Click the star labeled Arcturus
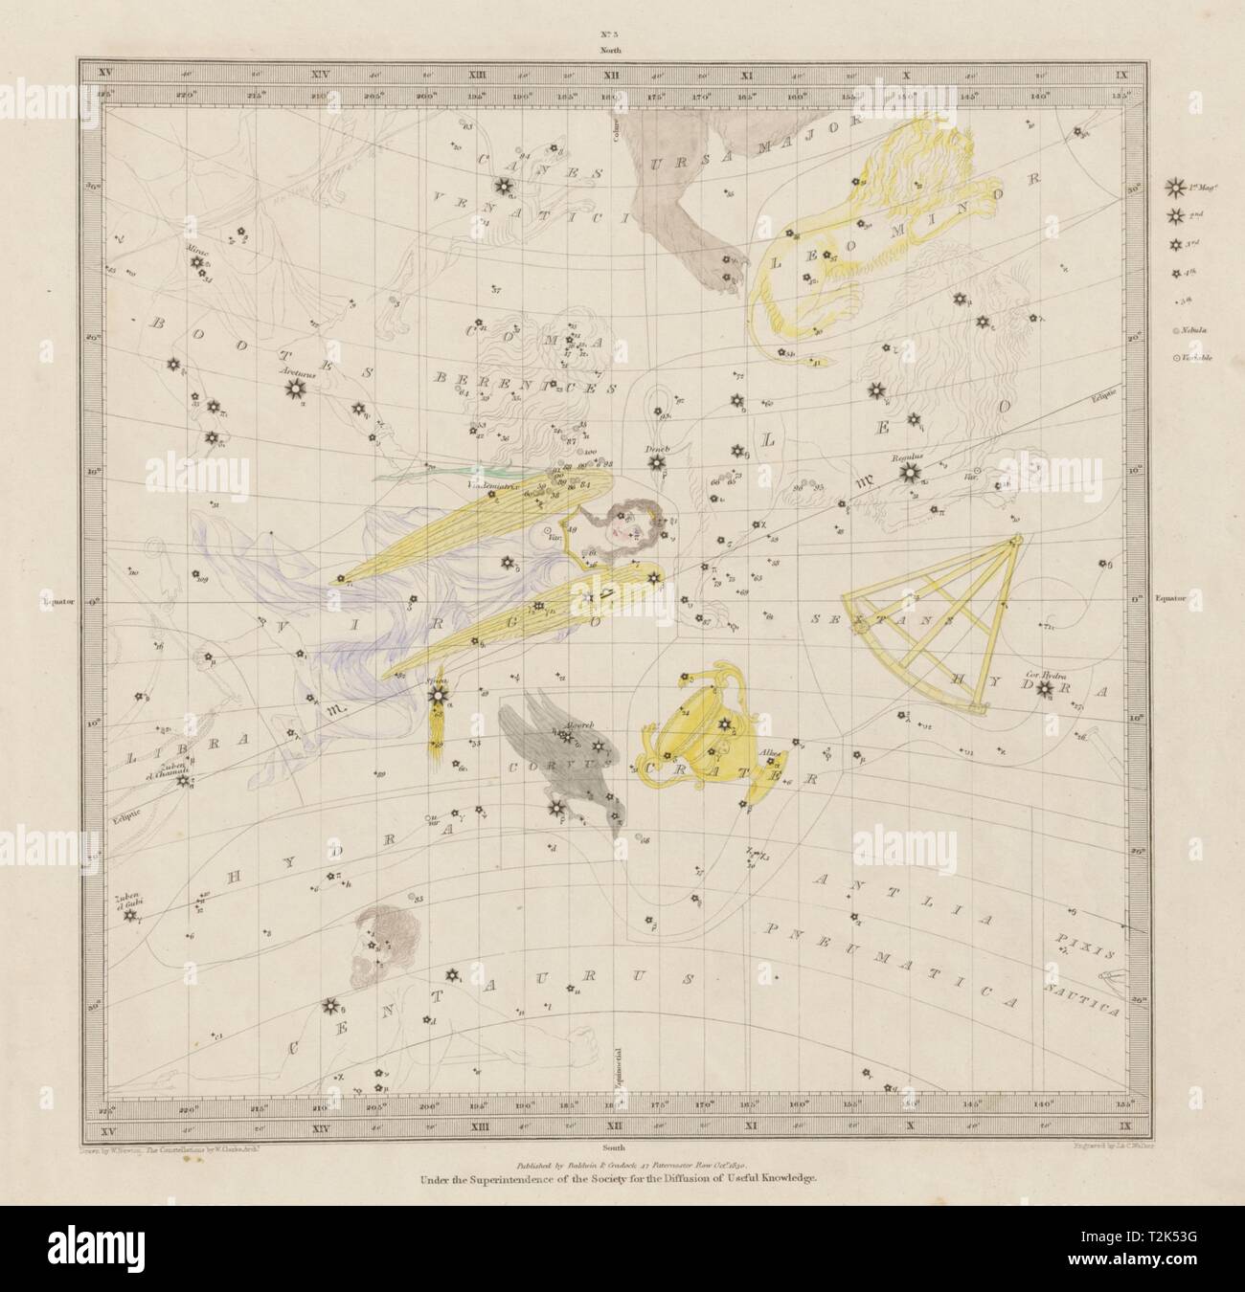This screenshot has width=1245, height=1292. coord(294,388)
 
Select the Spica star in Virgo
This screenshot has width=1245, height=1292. coord(437,694)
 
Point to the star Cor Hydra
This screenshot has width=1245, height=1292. coord(1045,687)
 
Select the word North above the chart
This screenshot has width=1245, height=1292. coord(623,49)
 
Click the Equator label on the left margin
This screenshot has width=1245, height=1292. coord(59,601)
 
